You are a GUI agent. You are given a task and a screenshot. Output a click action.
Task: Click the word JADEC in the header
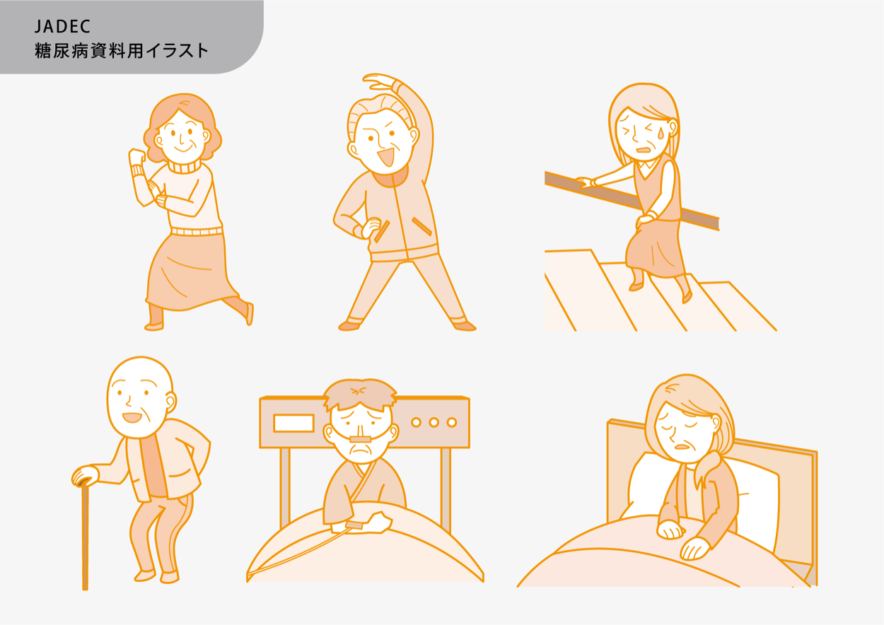pyautogui.click(x=62, y=26)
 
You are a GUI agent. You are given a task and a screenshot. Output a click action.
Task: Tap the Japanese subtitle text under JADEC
pyautogui.click(x=122, y=51)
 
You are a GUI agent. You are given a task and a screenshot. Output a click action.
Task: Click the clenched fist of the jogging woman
pyautogui.click(x=136, y=157)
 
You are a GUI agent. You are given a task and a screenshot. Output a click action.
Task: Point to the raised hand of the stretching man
pyautogui.click(x=379, y=81)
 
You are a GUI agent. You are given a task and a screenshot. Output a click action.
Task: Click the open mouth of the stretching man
pyautogui.click(x=386, y=157)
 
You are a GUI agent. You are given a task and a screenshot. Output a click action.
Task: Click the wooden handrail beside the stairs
pyautogui.click(x=632, y=201)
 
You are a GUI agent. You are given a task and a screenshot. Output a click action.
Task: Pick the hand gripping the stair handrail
pyautogui.click(x=586, y=182)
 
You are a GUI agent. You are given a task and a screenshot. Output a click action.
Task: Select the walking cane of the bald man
pyautogui.click(x=85, y=537)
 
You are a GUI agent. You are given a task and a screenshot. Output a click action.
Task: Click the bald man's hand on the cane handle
pyautogui.click(x=85, y=477)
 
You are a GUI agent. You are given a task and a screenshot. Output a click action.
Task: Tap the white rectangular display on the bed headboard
pyautogui.click(x=293, y=424)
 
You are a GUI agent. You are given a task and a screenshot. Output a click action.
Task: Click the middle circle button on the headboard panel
pyautogui.click(x=434, y=423)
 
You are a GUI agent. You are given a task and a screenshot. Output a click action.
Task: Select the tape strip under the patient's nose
pyautogui.click(x=360, y=439)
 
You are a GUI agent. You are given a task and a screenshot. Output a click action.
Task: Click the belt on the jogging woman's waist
pyautogui.click(x=197, y=231)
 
